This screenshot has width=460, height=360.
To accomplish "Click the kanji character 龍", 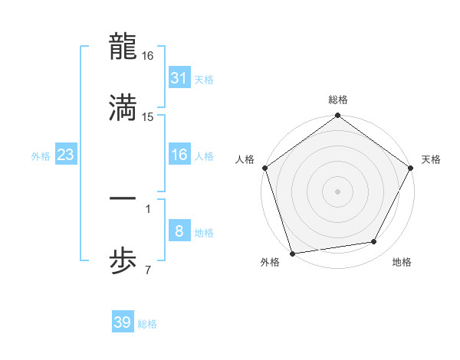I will click(123, 47).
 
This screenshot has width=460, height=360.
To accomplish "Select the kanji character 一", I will click(123, 199).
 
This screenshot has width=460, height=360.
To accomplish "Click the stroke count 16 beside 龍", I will click(148, 56).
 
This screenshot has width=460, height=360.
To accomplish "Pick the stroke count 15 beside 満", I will click(148, 116).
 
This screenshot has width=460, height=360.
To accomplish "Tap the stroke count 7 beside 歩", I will click(147, 270).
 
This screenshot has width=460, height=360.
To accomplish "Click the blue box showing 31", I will click(179, 78).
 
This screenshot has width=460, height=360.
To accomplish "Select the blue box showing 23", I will click(66, 155).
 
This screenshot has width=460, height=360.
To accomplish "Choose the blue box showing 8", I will click(179, 231).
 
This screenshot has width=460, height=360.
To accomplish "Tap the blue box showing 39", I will click(123, 322).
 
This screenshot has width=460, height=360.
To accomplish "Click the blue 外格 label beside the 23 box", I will click(41, 155).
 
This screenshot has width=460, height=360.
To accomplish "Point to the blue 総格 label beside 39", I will click(147, 324).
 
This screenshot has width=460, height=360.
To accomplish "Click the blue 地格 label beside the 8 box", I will click(204, 232).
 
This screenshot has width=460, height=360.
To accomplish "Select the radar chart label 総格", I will click(337, 100).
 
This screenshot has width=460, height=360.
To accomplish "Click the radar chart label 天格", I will click(431, 159).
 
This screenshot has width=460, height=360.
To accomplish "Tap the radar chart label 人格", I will click(245, 159).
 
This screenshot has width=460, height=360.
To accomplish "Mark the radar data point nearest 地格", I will click(374, 242).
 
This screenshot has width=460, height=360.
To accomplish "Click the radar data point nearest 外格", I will click(292, 252).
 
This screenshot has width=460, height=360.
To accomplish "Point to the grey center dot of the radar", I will click(337, 191).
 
